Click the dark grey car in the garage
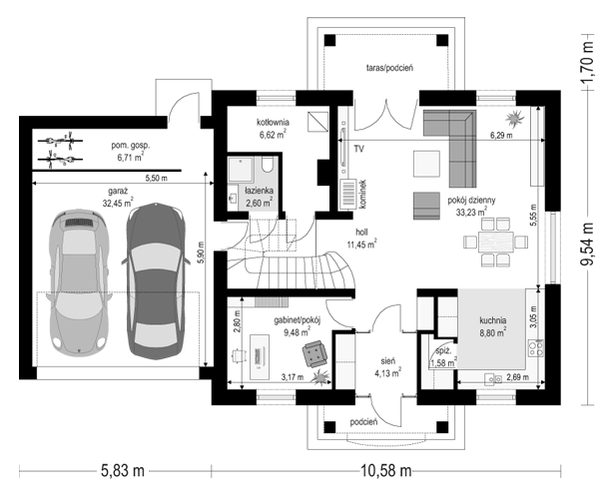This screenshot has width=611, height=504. click(x=154, y=280)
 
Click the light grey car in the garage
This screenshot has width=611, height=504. click(x=78, y=283)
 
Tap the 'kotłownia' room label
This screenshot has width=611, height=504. click(x=273, y=123)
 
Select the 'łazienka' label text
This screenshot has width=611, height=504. click(x=259, y=192)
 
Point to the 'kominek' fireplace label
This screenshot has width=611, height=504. click(x=363, y=195)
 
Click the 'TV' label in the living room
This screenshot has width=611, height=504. click(x=359, y=149)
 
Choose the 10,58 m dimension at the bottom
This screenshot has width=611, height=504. click(x=385, y=471)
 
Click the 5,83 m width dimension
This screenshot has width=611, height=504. click(x=123, y=471)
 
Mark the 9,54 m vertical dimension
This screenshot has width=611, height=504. click(x=588, y=245)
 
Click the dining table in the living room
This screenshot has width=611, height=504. click(x=495, y=243)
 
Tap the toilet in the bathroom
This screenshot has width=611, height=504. click(x=268, y=165)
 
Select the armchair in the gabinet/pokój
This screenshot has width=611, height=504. click(x=315, y=353)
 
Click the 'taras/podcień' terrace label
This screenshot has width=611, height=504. click(x=389, y=68)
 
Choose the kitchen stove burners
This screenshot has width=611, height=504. click(x=536, y=348)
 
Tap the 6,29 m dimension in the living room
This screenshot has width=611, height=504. click(x=501, y=135)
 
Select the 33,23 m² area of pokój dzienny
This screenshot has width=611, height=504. click(x=471, y=212)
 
